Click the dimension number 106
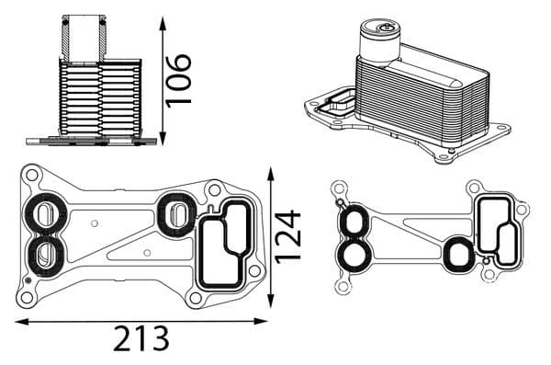(x=179, y=79)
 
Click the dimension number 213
(x=141, y=339)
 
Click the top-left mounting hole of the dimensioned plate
(x=31, y=174)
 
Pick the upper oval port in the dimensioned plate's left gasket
(x=42, y=214)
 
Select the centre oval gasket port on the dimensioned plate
(x=174, y=213)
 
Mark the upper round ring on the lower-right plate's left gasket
(x=353, y=222)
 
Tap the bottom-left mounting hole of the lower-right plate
(x=343, y=286)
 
